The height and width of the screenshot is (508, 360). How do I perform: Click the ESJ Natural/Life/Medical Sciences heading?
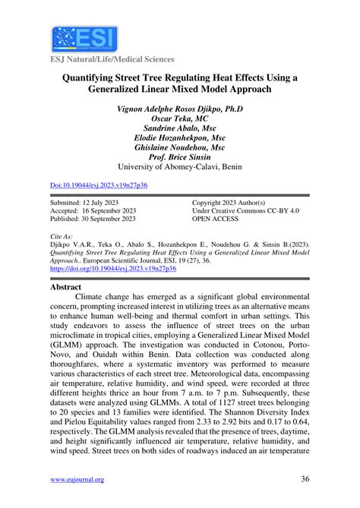click(112, 59)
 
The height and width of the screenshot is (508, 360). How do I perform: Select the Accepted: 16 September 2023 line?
click(93, 213)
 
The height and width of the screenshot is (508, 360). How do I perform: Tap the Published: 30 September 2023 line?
click(93, 221)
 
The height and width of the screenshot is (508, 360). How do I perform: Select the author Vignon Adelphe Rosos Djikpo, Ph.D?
click(179, 108)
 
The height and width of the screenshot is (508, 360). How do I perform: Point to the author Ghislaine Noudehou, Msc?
click(179, 147)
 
